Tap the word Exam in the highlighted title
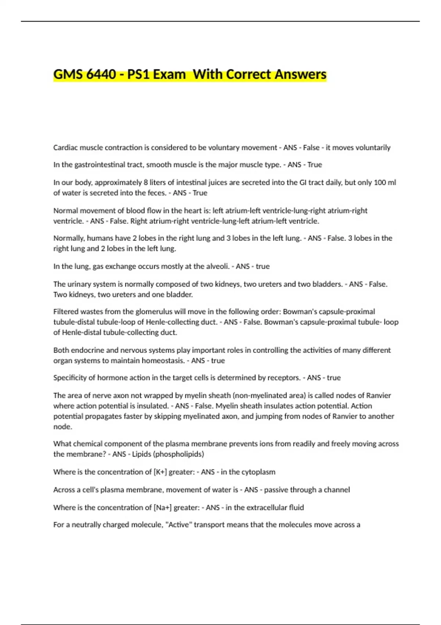[169, 74]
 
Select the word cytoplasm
[259, 472]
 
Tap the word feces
[157, 193]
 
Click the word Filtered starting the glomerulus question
[65, 311]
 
